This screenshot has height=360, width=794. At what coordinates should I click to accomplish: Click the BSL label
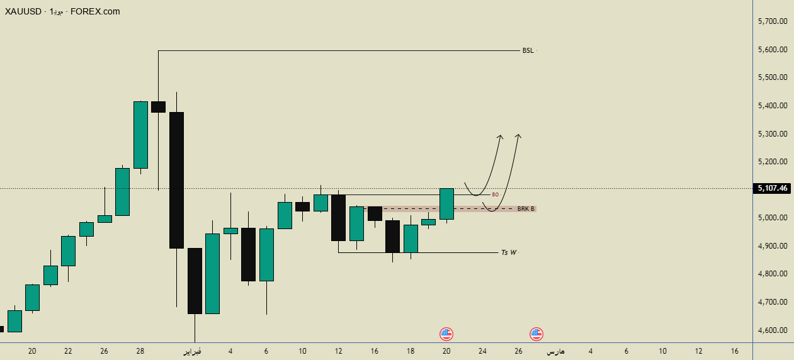pyautogui.click(x=528, y=50)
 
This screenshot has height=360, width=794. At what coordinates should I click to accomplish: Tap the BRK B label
pyautogui.click(x=526, y=208)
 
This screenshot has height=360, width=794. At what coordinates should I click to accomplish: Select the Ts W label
pyautogui.click(x=508, y=252)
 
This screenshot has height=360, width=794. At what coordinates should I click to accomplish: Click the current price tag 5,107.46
pyautogui.click(x=773, y=188)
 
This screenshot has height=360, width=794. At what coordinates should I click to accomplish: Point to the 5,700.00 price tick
pyautogui.click(x=773, y=21)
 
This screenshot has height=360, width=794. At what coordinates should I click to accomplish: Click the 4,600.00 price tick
pyautogui.click(x=773, y=330)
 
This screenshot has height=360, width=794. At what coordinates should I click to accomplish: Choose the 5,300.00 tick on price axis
pyautogui.click(x=773, y=134)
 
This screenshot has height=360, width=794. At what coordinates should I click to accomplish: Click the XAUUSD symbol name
pyautogui.click(x=24, y=11)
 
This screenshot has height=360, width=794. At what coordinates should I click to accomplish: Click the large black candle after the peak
pyautogui.click(x=176, y=180)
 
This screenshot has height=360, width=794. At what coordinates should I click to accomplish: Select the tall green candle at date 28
pyautogui.click(x=140, y=135)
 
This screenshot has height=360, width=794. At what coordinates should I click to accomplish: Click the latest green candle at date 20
pyautogui.click(x=446, y=203)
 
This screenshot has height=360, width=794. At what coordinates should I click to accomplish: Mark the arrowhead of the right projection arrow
pyautogui.click(x=518, y=135)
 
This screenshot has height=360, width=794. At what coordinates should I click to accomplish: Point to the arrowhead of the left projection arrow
pyautogui.click(x=501, y=137)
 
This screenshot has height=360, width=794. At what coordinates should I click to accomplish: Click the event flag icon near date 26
pyautogui.click(x=536, y=334)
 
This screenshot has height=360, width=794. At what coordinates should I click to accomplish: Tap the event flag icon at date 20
pyautogui.click(x=446, y=334)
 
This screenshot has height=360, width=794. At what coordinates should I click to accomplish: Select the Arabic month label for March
pyautogui.click(x=555, y=351)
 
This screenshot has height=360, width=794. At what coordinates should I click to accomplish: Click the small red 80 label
pyautogui.click(x=495, y=194)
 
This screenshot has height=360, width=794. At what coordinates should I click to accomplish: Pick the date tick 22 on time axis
pyautogui.click(x=69, y=351)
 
